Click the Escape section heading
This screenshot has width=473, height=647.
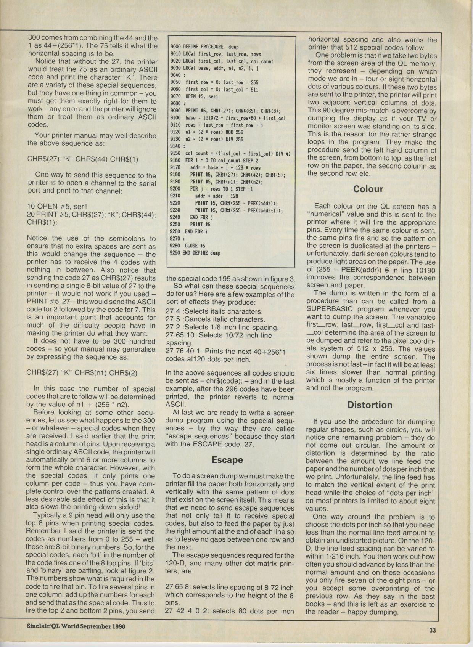click(227, 460)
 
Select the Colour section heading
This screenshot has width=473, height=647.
click(368, 189)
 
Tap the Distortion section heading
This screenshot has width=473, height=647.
click(370, 405)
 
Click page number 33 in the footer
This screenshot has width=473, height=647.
click(432, 630)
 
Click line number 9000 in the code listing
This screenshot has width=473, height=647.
click(175, 47)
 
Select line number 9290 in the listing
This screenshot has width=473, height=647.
click(175, 253)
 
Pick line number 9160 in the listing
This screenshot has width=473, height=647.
click(175, 161)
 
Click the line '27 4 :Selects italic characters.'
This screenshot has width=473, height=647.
click(214, 311)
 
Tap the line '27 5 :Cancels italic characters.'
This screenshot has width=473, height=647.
click(215, 319)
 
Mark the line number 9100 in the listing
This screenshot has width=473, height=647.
click(175, 118)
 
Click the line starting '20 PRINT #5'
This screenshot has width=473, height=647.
click(92, 215)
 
